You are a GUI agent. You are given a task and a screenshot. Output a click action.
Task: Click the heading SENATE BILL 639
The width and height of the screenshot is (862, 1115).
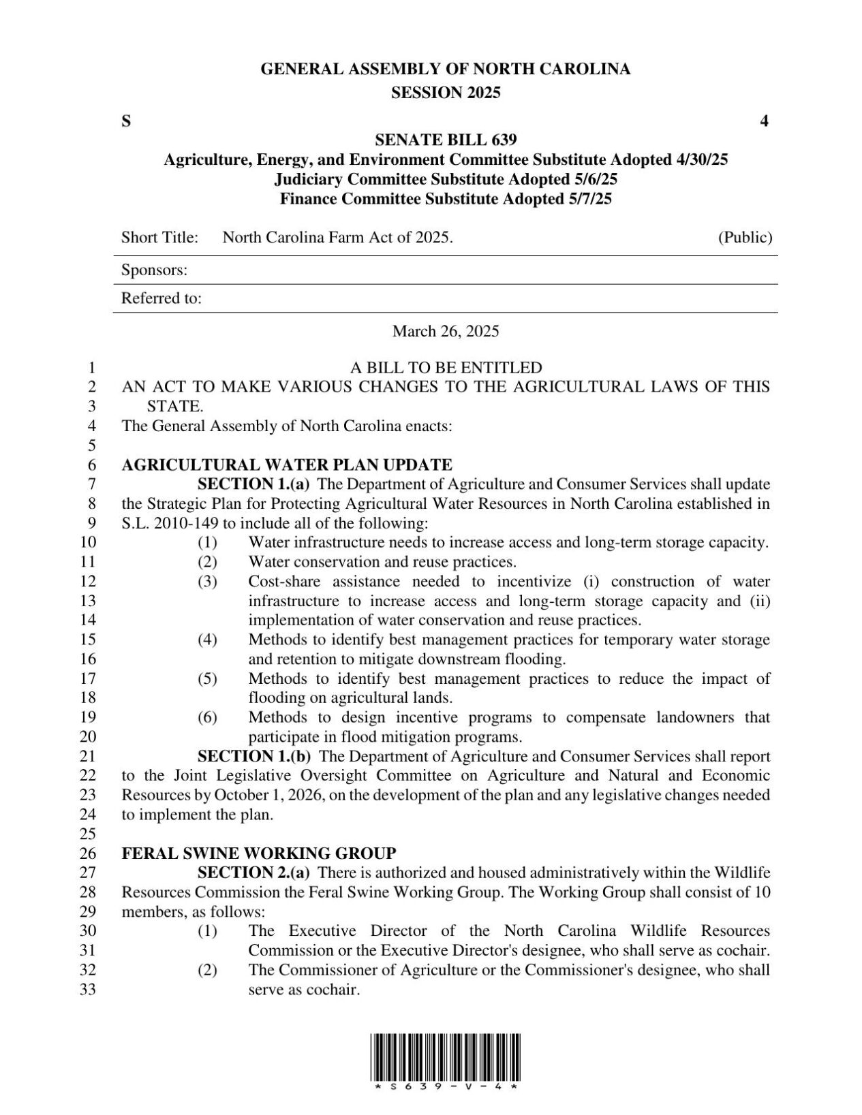coord(446,140)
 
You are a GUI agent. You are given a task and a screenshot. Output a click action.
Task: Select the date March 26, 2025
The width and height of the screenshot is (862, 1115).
coord(446,332)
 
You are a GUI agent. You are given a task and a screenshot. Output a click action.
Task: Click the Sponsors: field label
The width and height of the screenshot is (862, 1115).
coord(154,270)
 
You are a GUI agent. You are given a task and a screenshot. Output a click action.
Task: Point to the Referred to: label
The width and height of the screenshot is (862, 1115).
coord(161,299)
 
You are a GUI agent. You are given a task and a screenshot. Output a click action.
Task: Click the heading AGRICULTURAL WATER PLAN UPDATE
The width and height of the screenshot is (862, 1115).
coord(286,465)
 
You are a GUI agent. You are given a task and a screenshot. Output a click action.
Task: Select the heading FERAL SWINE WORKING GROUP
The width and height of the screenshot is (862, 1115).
coord(258,853)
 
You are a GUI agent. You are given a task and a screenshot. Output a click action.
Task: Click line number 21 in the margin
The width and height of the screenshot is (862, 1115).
coord(89,756)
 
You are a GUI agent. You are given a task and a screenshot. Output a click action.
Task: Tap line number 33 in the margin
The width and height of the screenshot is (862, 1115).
coord(89,989)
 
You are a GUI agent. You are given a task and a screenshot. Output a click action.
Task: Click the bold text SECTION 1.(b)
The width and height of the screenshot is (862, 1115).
coord(254,756)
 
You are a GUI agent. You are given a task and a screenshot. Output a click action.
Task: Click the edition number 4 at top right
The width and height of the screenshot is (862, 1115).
coord(765,122)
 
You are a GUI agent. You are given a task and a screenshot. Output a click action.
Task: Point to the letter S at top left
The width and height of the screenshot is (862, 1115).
coord(126,122)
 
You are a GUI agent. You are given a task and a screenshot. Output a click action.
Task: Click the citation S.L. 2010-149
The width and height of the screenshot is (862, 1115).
coord(170,524)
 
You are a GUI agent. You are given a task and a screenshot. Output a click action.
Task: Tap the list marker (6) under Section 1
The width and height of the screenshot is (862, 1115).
coord(207,717)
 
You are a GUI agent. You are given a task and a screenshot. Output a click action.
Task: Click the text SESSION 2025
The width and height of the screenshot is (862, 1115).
coord(446,93)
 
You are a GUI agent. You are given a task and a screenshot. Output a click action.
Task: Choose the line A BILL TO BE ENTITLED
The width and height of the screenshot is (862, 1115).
coord(446,368)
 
